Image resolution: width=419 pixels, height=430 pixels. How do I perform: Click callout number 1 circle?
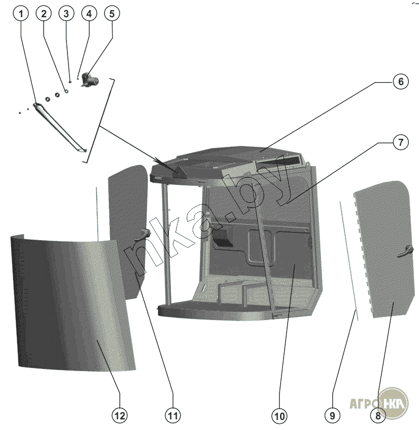[21, 14]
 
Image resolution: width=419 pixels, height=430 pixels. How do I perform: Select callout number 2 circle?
[44, 14]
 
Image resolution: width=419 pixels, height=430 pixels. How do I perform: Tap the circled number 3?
[66, 14]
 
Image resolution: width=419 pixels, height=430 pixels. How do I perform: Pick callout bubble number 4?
[89, 14]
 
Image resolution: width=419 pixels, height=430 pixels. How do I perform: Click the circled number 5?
[112, 14]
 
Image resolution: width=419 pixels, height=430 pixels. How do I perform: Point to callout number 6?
[401, 82]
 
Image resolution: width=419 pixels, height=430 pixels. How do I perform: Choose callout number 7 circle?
[401, 142]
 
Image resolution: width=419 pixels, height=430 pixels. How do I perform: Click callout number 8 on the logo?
[378, 416]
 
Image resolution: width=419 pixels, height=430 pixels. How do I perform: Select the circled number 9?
[332, 416]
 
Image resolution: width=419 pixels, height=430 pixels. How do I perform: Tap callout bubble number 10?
[279, 416]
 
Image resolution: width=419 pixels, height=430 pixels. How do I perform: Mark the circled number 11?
[172, 416]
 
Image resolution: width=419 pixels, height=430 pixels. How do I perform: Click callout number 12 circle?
[120, 416]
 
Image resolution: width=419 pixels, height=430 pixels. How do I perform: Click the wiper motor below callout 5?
[90, 80]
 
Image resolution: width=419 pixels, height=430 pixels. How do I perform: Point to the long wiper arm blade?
[60, 128]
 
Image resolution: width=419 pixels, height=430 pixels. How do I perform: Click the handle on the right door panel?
[405, 251]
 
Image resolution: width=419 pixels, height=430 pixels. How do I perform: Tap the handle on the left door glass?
[144, 235]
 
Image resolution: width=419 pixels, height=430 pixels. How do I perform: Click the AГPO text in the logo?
[363, 404]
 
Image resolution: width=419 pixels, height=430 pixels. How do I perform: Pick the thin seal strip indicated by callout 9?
[348, 261]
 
